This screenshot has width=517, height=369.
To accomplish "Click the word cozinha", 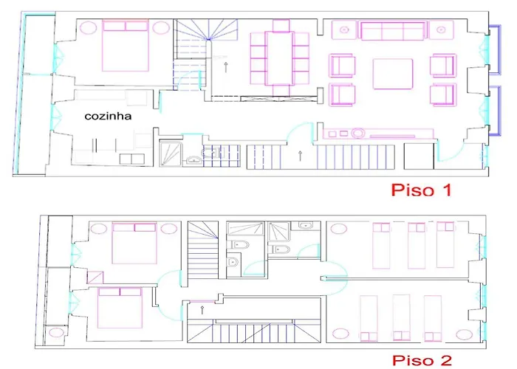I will click(107, 116).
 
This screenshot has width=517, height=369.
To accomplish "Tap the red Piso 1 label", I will click(420, 190).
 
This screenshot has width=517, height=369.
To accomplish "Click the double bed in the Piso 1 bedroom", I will click(126, 46).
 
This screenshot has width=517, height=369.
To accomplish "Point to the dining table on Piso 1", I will click(280, 58).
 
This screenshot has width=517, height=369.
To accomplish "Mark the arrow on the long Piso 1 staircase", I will click(300, 155).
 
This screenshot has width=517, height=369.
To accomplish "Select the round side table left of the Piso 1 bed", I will click(87, 30).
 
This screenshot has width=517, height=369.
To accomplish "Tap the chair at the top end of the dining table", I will click(280, 25).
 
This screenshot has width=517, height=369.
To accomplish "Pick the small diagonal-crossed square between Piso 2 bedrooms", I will click(94, 278).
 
